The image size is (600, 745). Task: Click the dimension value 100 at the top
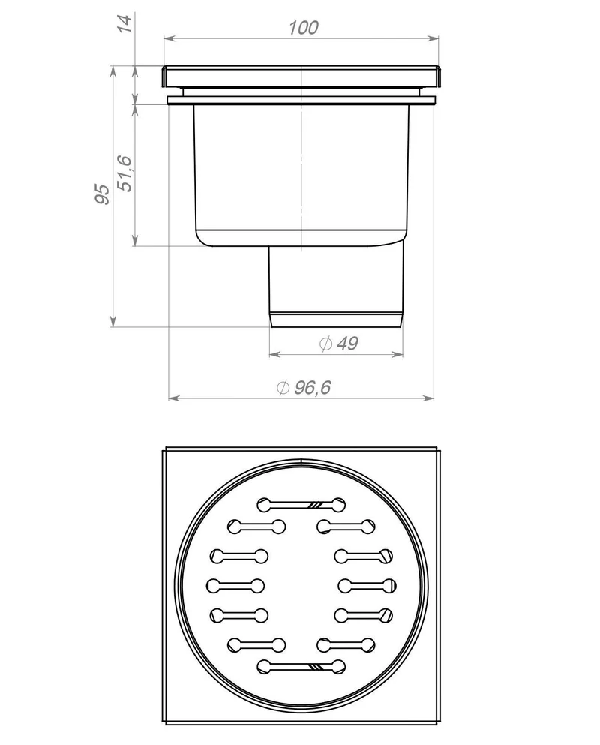(304, 28)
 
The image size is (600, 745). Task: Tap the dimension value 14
(124, 23)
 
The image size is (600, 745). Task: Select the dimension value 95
(102, 194)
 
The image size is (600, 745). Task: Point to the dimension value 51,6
(126, 173)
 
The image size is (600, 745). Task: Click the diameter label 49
(347, 343)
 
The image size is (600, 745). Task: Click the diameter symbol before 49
(326, 343)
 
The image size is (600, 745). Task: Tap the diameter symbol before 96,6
(283, 388)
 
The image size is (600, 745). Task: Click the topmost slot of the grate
(301, 505)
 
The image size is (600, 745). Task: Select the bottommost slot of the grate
(301, 667)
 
